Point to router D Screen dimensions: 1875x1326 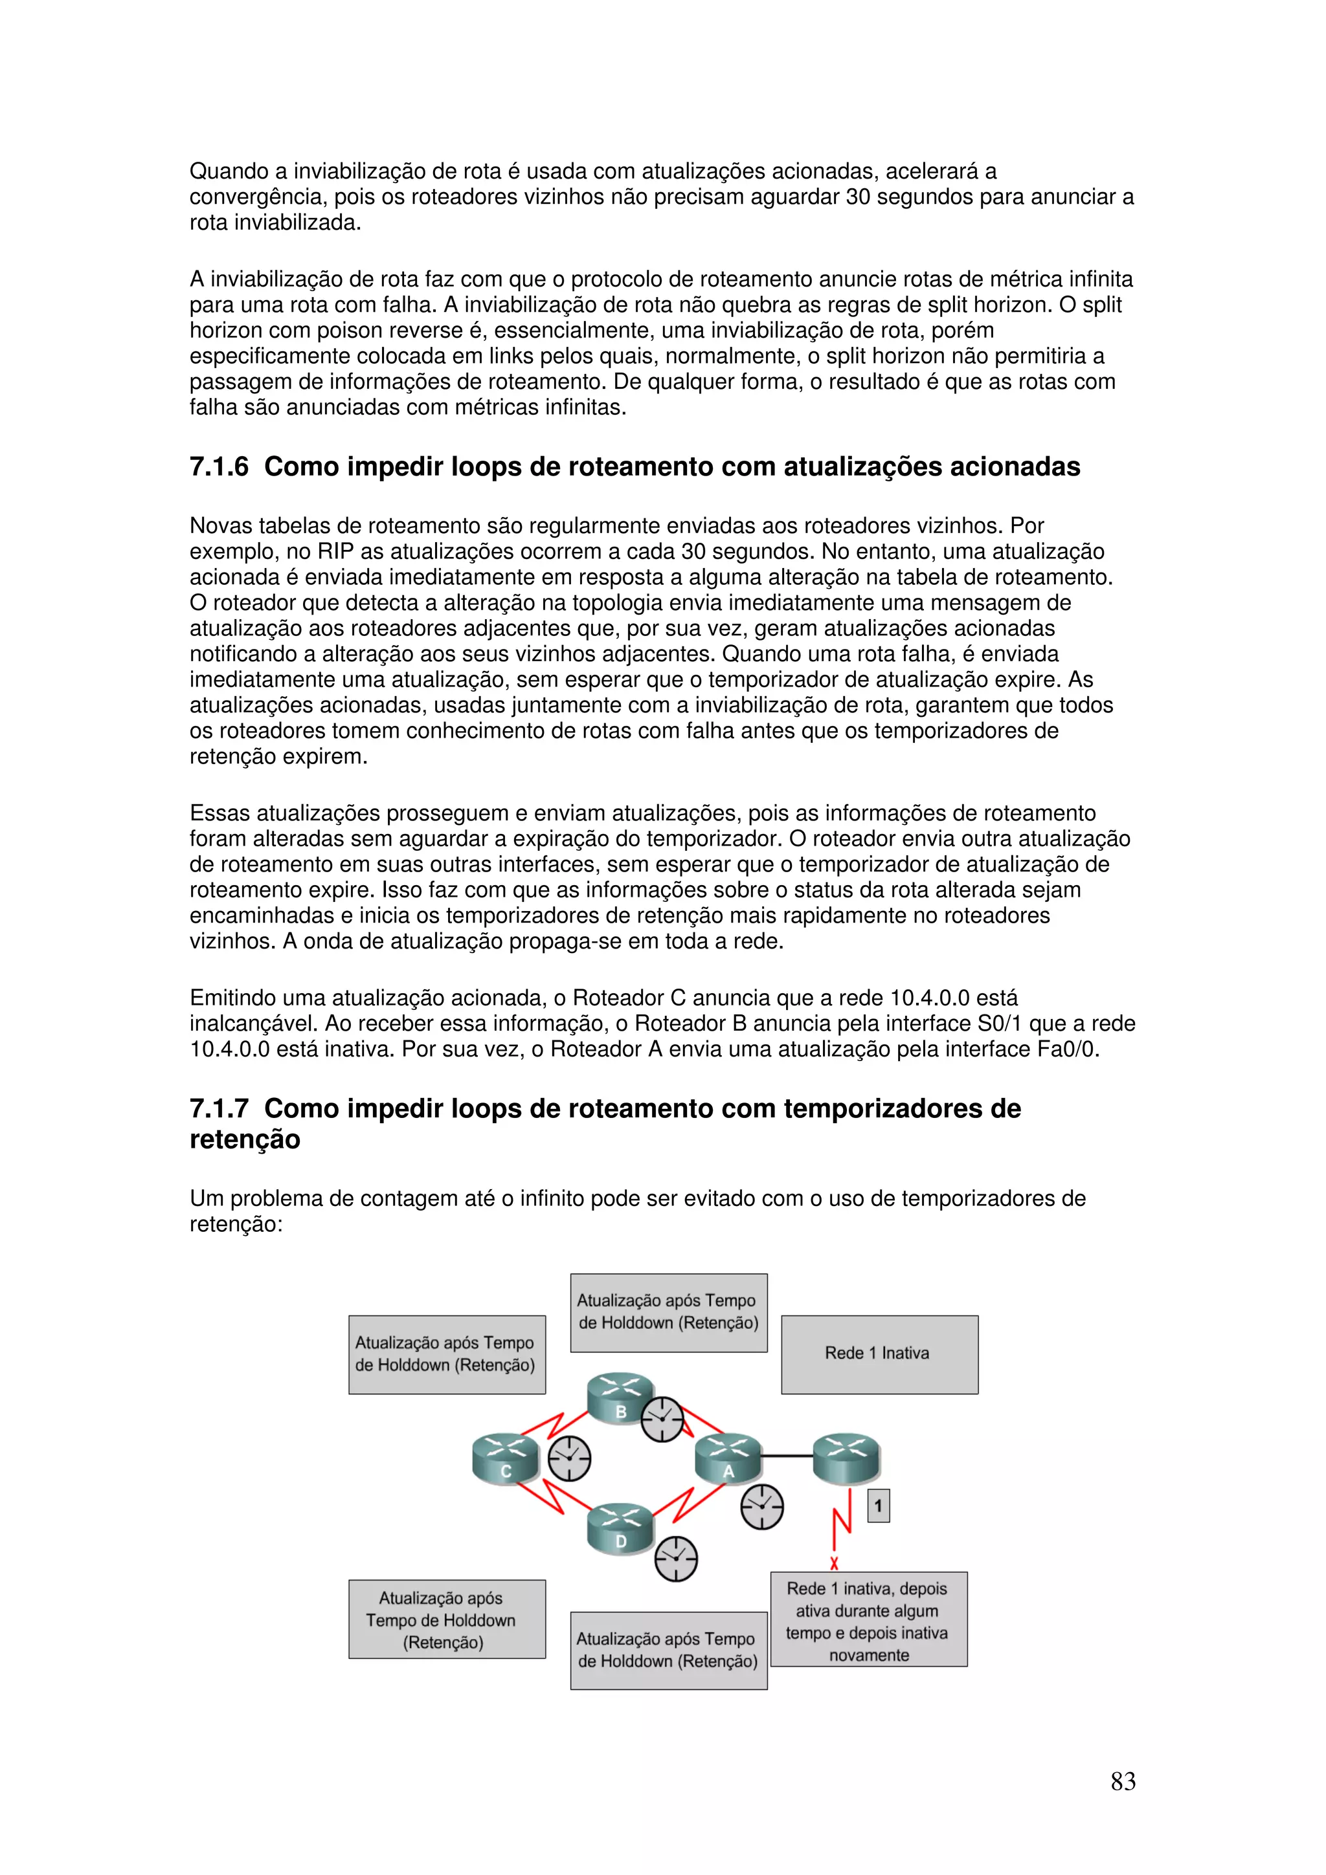tap(620, 1530)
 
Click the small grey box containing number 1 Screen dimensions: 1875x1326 tap(879, 1505)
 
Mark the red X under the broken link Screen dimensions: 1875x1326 tap(834, 1564)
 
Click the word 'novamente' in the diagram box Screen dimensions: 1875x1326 tap(868, 1655)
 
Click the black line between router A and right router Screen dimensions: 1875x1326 tap(787, 1456)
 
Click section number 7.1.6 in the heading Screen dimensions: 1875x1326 tap(219, 467)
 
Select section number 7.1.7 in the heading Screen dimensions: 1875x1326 tap(219, 1109)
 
